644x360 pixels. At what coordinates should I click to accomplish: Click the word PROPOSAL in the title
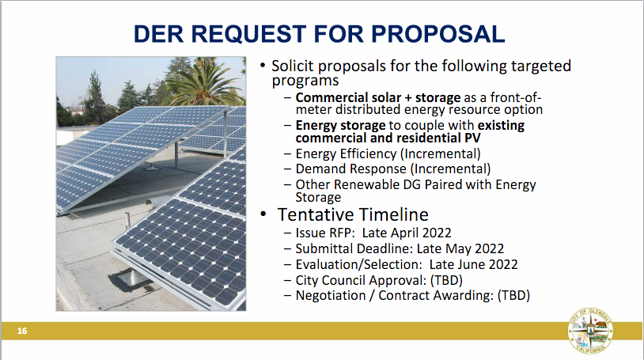(x=438, y=34)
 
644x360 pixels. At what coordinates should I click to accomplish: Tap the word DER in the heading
(x=158, y=34)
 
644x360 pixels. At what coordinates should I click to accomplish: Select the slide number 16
(x=22, y=331)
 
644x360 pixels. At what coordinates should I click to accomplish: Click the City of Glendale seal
(x=591, y=330)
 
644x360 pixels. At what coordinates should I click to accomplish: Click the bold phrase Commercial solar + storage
(x=378, y=98)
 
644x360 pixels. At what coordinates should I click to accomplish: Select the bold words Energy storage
(x=340, y=125)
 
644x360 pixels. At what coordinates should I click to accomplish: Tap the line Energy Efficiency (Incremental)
(x=388, y=153)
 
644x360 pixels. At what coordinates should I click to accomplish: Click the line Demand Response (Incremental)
(x=393, y=169)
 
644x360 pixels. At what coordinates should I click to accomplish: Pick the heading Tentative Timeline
(x=353, y=214)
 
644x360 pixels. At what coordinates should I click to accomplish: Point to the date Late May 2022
(x=460, y=248)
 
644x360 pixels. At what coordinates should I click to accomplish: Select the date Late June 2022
(x=474, y=264)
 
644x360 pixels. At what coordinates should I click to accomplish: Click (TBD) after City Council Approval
(x=446, y=280)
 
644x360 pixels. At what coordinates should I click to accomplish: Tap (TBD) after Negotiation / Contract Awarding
(x=513, y=295)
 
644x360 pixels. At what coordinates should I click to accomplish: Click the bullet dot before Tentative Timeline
(x=263, y=214)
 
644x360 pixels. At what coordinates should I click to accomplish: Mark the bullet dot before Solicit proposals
(x=263, y=66)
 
